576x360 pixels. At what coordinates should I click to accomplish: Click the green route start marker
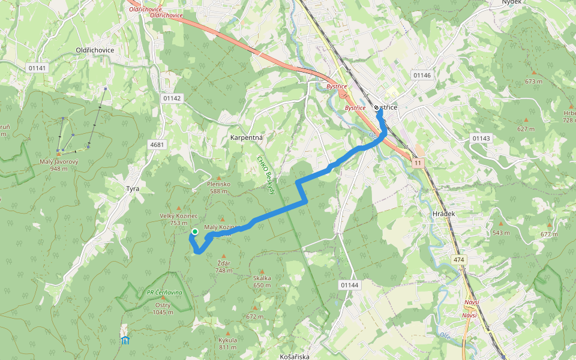pyautogui.click(x=194, y=232)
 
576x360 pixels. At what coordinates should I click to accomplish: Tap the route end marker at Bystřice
pyautogui.click(x=376, y=108)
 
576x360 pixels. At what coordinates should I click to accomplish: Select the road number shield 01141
pyautogui.click(x=37, y=68)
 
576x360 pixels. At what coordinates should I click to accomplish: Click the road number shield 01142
pyautogui.click(x=172, y=98)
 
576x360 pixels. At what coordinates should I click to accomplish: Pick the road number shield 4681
pyautogui.click(x=157, y=145)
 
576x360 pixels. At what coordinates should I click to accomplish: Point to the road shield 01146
pyautogui.click(x=422, y=75)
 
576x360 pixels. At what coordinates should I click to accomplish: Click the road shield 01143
pyautogui.click(x=481, y=138)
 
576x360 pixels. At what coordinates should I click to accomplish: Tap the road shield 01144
pyautogui.click(x=349, y=284)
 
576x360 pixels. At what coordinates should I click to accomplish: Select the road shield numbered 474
pyautogui.click(x=460, y=259)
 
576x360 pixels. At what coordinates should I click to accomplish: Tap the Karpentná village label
pyautogui.click(x=247, y=137)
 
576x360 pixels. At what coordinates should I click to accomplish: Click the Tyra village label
pyautogui.click(x=133, y=188)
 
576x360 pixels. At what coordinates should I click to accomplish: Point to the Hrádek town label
pyautogui.click(x=444, y=214)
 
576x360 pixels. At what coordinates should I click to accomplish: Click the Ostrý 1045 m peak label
pyautogui.click(x=162, y=308)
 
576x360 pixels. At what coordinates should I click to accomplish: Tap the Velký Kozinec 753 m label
pyautogui.click(x=175, y=219)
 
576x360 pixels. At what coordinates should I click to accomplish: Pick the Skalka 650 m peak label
pyautogui.click(x=262, y=281)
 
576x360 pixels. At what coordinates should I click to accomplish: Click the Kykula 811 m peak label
pyautogui.click(x=227, y=343)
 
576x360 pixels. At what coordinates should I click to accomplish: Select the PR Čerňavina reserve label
pyautogui.click(x=164, y=292)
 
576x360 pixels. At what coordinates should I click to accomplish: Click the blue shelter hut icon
pyautogui.click(x=125, y=340)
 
